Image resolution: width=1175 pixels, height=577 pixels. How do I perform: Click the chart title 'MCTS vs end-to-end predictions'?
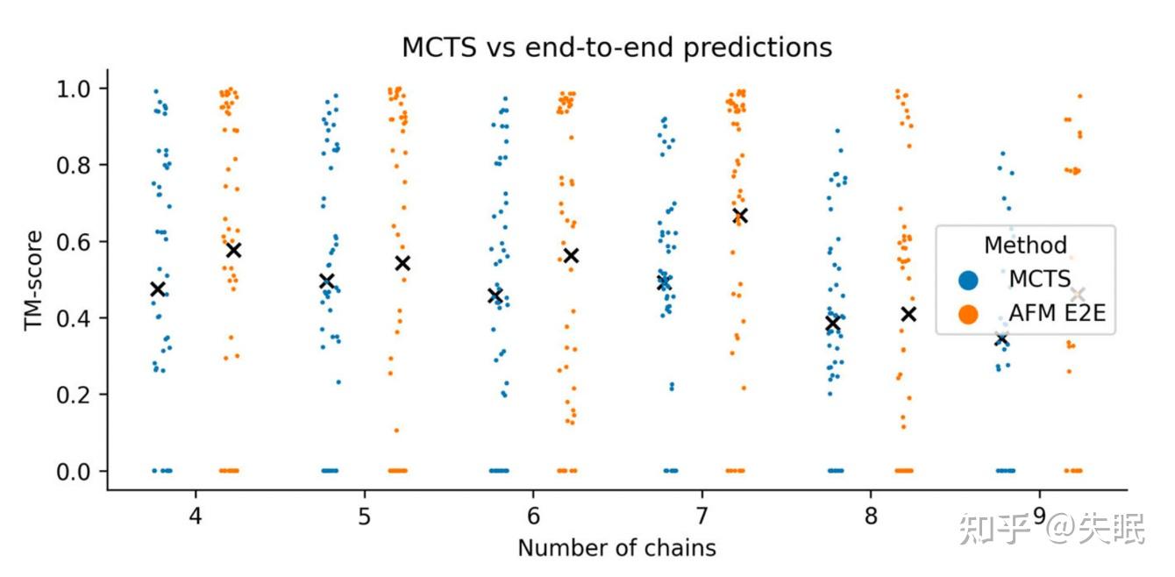pyautogui.click(x=616, y=47)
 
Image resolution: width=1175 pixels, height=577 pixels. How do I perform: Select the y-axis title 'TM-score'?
pyautogui.click(x=34, y=280)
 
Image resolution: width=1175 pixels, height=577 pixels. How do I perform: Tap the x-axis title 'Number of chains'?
pyautogui.click(x=616, y=548)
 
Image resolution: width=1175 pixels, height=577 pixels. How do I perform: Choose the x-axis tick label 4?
pyautogui.click(x=195, y=515)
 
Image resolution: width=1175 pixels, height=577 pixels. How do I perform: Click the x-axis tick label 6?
pyautogui.click(x=532, y=515)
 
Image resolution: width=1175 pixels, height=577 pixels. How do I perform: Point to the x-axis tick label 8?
pyautogui.click(x=871, y=515)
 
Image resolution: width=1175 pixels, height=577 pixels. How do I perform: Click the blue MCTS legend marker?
pyautogui.click(x=968, y=281)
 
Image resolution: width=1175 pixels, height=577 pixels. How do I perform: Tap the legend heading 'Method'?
pyautogui.click(x=1025, y=246)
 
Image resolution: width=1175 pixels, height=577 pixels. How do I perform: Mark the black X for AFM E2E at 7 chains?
pyautogui.click(x=739, y=216)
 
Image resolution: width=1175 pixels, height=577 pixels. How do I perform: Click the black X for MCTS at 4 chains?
pyautogui.click(x=158, y=289)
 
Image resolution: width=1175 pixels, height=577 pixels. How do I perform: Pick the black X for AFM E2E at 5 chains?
pyautogui.click(x=402, y=263)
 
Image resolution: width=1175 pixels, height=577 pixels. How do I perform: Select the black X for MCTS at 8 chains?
pyautogui.click(x=832, y=324)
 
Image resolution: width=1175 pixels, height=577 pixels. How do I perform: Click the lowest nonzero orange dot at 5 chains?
pyautogui.click(x=396, y=430)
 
